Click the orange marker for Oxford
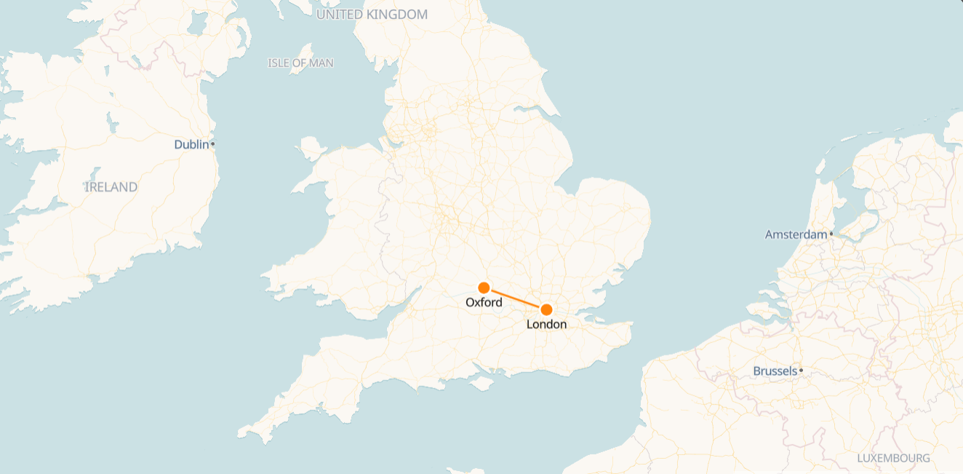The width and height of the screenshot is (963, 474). pyautogui.click(x=484, y=288)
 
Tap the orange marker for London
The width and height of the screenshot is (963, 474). pyautogui.click(x=546, y=309)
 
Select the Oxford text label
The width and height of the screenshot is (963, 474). pyautogui.click(x=484, y=303)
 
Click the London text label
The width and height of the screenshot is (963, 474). pyautogui.click(x=546, y=325)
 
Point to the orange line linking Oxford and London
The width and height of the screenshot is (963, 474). pyautogui.click(x=515, y=299)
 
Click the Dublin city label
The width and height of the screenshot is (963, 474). pyautogui.click(x=191, y=145)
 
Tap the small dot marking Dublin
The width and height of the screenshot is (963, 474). pyautogui.click(x=212, y=144)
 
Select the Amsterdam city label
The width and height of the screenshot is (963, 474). pyautogui.click(x=796, y=234)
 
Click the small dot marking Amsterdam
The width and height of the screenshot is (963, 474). pyautogui.click(x=831, y=234)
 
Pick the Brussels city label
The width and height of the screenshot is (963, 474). pyautogui.click(x=775, y=371)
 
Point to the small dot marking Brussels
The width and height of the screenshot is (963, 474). pyautogui.click(x=801, y=371)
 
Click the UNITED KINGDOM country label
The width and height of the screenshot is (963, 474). pyautogui.click(x=372, y=15)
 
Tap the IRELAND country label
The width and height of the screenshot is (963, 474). pyautogui.click(x=111, y=187)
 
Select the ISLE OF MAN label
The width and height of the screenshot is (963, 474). pyautogui.click(x=300, y=63)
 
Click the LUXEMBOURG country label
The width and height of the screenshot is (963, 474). pyautogui.click(x=893, y=459)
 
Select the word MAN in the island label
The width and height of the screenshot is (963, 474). pyautogui.click(x=321, y=63)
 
